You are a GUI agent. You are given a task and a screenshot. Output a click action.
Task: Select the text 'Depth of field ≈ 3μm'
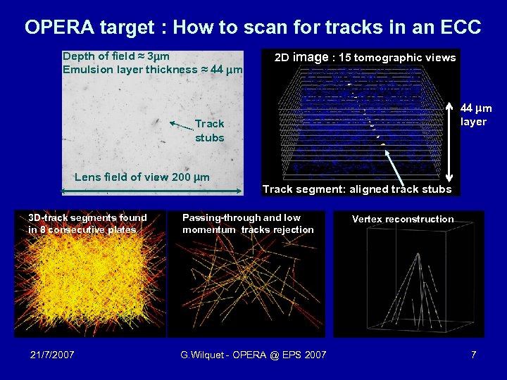pos(116,56)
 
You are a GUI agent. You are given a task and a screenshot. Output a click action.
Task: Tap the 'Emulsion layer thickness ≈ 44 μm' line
pos(152,70)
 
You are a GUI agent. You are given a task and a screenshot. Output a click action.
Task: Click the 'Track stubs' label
pos(209,131)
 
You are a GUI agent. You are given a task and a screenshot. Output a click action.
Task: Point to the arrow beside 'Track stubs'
pos(181,125)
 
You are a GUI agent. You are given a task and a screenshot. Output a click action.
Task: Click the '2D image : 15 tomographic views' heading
pos(365,57)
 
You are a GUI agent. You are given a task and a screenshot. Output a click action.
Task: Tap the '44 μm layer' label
pos(476,115)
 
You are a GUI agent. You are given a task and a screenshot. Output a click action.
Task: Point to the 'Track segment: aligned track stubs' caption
pos(357,189)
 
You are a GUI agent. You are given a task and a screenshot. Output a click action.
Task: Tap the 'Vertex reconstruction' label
pos(403,219)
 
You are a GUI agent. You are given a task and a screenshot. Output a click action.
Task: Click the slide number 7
pos(474,355)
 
